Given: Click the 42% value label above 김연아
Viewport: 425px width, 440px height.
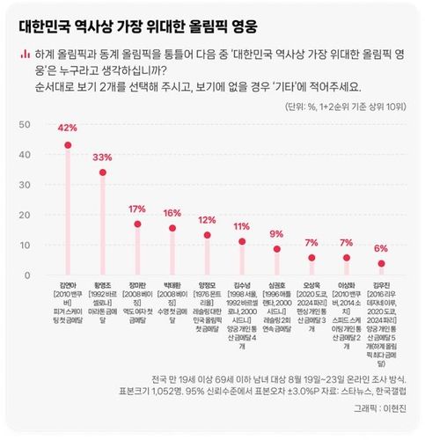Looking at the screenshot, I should click(68, 128).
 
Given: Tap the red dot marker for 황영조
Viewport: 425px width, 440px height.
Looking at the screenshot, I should click(103, 172).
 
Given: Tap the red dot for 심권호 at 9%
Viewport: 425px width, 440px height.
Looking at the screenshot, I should click(277, 249).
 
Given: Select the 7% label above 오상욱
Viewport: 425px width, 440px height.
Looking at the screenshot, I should click(311, 242).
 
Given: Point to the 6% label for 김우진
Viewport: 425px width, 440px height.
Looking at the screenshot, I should click(381, 248).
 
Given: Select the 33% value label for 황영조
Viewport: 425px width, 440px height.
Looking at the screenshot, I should click(103, 157).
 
